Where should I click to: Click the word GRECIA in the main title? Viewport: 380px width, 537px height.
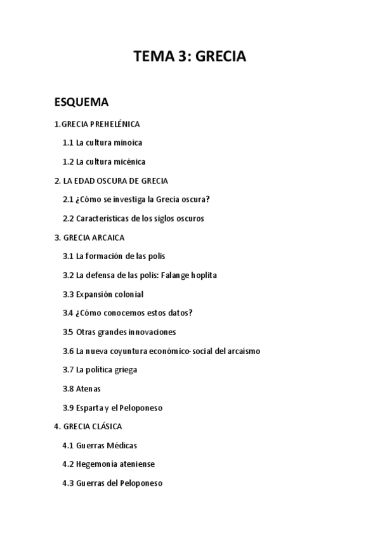[220, 57]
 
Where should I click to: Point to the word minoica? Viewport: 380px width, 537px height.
[128, 143]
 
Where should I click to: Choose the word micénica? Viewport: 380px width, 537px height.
[129, 161]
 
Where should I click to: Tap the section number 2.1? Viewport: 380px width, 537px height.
[68, 199]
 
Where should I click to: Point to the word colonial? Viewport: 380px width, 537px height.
[128, 294]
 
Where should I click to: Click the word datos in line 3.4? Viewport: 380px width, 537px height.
[178, 313]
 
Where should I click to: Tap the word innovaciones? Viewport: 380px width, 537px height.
[153, 332]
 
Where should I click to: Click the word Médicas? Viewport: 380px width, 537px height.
[121, 445]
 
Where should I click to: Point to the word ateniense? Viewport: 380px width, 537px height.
[134, 464]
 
